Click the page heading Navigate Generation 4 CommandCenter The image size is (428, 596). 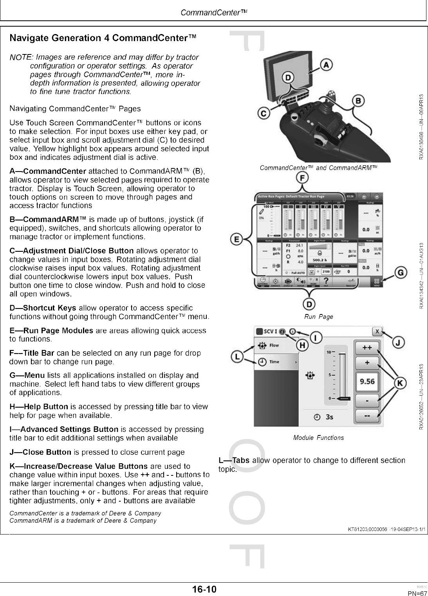click(103, 38)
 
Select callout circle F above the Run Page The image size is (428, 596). click(302, 178)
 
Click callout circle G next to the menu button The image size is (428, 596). click(400, 273)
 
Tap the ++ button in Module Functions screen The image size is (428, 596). click(367, 347)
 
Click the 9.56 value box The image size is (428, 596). click(367, 381)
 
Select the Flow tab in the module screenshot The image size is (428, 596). click(274, 345)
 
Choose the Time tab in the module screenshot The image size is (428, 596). click(274, 362)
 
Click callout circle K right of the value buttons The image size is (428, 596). click(400, 383)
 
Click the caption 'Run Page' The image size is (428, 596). click(318, 316)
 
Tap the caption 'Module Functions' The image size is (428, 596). click(318, 438)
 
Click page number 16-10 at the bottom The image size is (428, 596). click(204, 589)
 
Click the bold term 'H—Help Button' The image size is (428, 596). click(39, 406)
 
